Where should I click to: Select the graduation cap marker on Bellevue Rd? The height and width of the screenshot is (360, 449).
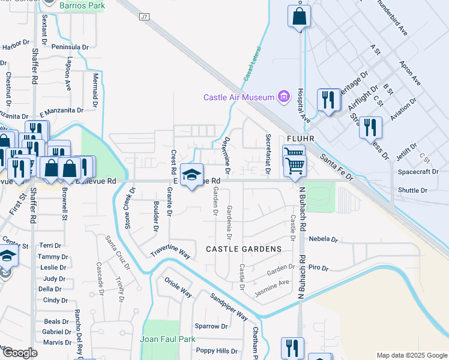[x=191, y=175]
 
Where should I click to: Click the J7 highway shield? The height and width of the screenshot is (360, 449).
[x=144, y=17]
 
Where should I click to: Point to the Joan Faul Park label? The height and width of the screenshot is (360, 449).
[x=168, y=339]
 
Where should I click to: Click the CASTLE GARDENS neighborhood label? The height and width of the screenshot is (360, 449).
[x=244, y=249]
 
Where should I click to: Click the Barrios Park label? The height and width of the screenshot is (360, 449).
[x=82, y=5]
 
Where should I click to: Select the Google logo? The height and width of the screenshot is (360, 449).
[x=19, y=353]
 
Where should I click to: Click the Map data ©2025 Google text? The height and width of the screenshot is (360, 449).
[x=411, y=355]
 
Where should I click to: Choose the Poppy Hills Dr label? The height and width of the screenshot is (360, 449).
[x=217, y=351]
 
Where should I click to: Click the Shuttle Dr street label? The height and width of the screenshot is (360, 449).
[x=412, y=190]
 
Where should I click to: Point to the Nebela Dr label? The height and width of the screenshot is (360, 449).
[x=324, y=239]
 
